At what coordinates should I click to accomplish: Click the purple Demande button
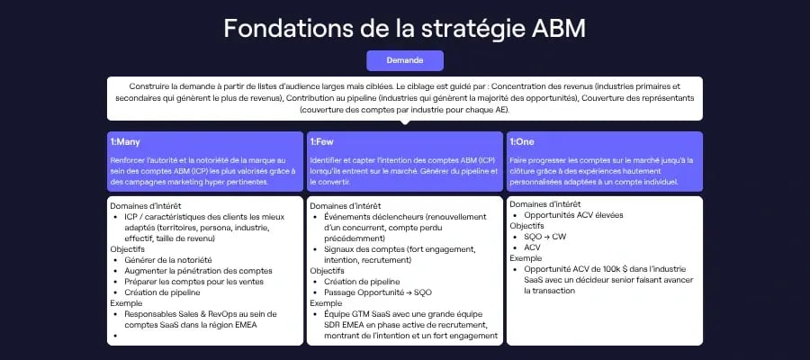point(405,60)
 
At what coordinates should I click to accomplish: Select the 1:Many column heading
point(125,141)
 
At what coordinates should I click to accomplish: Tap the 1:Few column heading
point(323,141)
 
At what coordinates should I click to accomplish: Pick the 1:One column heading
point(522,141)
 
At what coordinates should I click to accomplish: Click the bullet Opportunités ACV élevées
point(572,215)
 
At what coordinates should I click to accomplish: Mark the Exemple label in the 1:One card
point(526,258)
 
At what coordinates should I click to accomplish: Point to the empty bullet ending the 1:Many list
point(118,336)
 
